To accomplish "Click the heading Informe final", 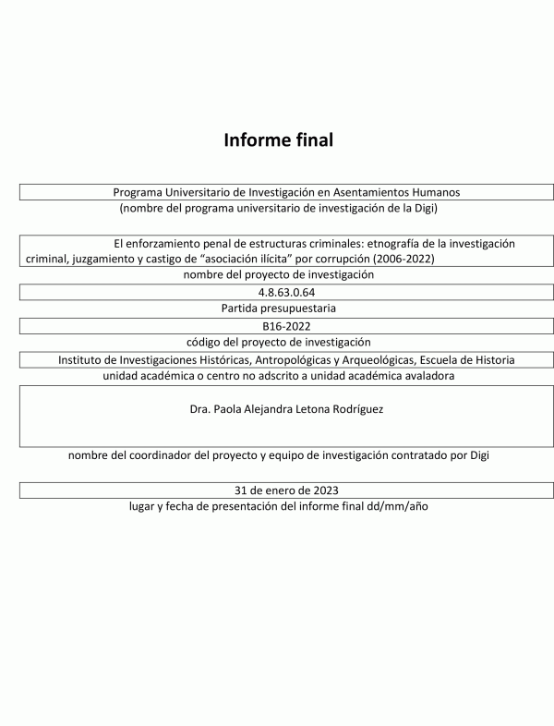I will pos(277,140).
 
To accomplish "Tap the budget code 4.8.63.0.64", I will pos(277,293).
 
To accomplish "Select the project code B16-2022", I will pos(277,326).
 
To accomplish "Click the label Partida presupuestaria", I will pos(277,309).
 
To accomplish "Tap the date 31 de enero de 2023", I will pos(277,490).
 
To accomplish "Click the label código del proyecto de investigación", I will pos(277,342).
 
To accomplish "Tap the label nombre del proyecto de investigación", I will pos(277,274).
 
